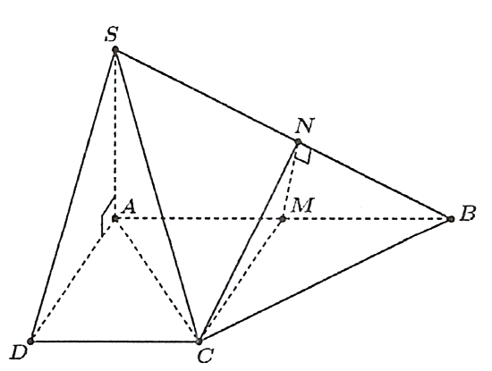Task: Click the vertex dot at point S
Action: [115, 49]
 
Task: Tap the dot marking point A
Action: [115, 218]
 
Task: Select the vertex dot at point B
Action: [451, 219]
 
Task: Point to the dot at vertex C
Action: [199, 341]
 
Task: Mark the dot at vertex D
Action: [30, 341]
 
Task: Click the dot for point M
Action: [283, 219]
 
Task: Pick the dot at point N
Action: [298, 142]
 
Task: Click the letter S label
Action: [112, 35]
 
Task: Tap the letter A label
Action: [129, 207]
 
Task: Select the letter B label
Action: [468, 214]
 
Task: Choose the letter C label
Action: [206, 356]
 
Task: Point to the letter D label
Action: [19, 353]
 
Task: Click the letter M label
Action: [302, 206]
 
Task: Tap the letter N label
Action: [305, 126]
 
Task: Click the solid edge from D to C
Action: [115, 341]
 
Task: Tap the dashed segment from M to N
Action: [290, 181]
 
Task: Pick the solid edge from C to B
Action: [325, 280]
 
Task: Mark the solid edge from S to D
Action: [72, 195]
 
